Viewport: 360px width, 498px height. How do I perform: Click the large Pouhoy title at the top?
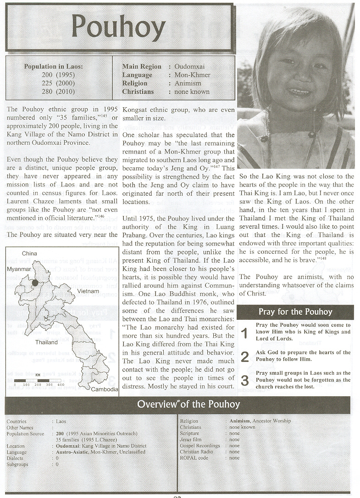point(118,27)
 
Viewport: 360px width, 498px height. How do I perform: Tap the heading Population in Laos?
point(54,66)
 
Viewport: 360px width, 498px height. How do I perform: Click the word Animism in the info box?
point(188,83)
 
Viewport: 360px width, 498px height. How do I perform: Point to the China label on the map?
point(29,253)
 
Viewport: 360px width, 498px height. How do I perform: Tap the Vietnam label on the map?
point(89,291)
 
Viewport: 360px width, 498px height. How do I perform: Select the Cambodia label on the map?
point(105,389)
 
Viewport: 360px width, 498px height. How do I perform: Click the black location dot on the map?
point(35,283)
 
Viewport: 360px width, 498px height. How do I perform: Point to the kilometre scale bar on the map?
point(39,380)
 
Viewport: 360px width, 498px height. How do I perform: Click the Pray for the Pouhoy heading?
point(295,312)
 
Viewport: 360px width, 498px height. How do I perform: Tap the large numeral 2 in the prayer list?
point(245,357)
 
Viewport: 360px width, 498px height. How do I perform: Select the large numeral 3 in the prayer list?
point(245,380)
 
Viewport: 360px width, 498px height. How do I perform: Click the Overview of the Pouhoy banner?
point(188,405)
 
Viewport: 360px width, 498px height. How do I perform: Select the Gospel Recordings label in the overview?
point(200,445)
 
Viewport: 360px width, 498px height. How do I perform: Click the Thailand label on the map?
point(47,342)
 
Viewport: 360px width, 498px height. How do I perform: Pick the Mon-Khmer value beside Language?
point(192,75)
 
